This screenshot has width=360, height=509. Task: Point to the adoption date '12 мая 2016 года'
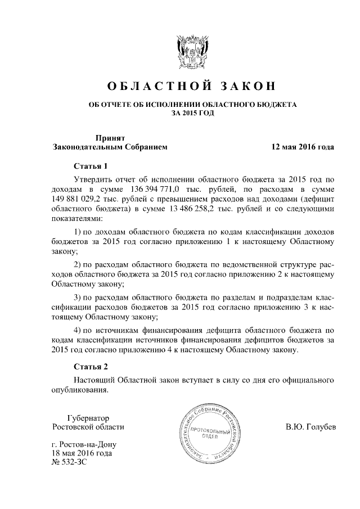coord(303,147)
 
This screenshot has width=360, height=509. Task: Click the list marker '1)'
coord(79,233)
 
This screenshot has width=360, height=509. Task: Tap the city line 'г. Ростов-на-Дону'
coord(85,444)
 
